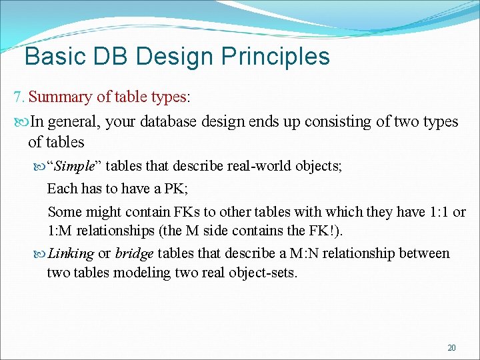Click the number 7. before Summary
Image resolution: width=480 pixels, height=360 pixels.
coord(19,97)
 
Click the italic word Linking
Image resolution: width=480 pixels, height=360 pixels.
coord(71,253)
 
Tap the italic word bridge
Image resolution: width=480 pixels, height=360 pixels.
coord(134,253)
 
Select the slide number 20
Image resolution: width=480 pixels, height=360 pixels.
coord(451,347)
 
